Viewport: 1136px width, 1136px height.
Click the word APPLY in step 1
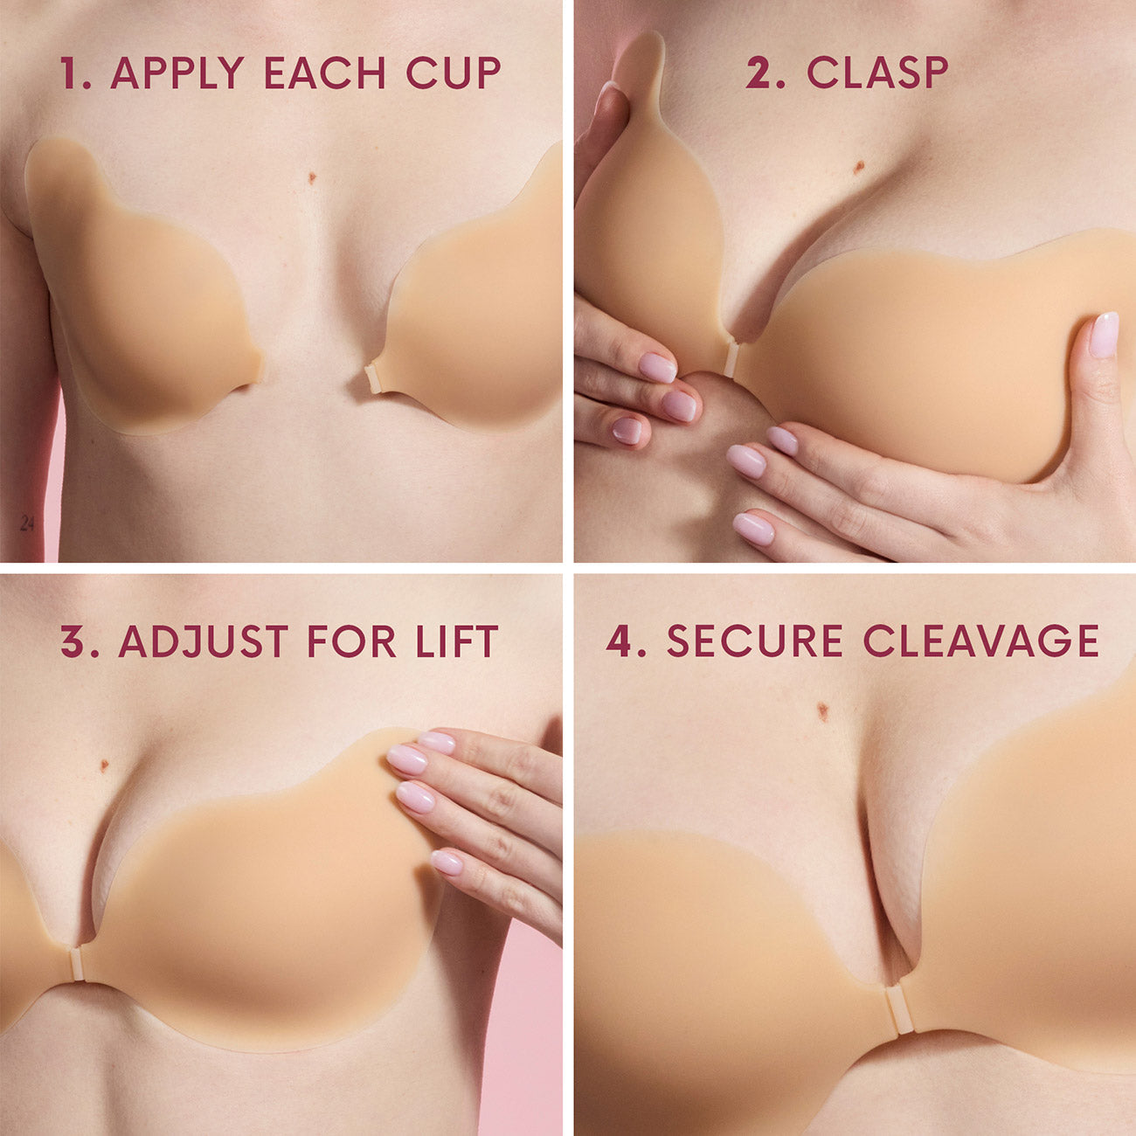click(177, 73)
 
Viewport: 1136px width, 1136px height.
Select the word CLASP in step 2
click(876, 73)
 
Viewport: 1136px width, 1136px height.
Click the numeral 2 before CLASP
click(762, 73)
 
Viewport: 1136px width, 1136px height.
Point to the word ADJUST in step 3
click(204, 642)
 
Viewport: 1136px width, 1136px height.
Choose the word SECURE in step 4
click(754, 642)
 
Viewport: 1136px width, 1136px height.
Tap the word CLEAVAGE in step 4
click(980, 642)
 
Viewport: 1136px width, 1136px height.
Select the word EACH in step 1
click(324, 73)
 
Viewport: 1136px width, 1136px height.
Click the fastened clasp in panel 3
click(78, 963)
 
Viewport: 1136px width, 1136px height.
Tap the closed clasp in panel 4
click(895, 1008)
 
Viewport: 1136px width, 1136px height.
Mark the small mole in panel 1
click(312, 178)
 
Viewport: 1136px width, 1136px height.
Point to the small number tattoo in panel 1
click(27, 523)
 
